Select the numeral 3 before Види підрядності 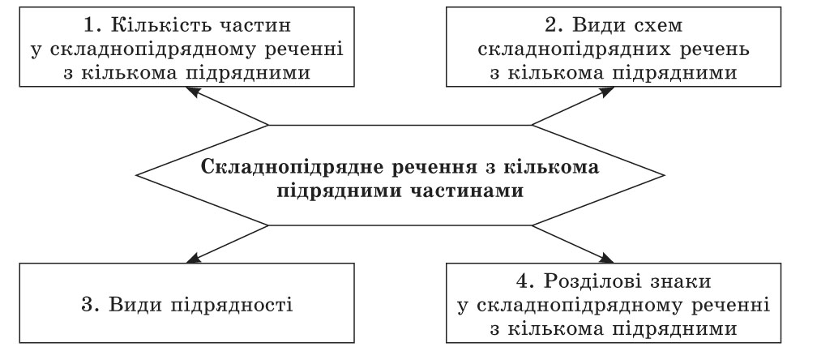point(88,304)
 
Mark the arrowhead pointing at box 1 point(193,92)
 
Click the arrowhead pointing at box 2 point(608,92)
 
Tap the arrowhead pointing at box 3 point(193,257)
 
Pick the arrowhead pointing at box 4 point(608,257)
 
